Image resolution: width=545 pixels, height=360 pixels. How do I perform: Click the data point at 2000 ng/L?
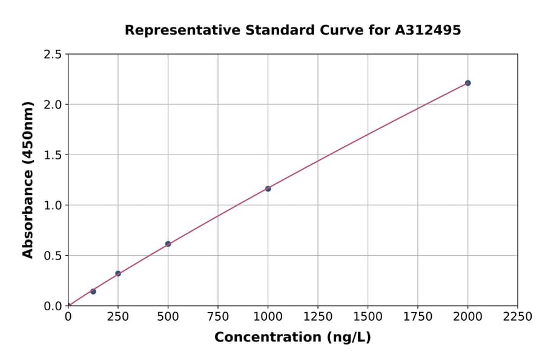tap(467, 83)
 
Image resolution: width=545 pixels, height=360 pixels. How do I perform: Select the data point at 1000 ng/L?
tap(268, 188)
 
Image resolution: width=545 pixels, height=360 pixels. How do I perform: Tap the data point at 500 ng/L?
tap(168, 244)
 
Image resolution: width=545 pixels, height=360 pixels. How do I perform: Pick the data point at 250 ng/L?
tap(118, 273)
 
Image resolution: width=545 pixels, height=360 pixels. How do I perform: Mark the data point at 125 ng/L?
tap(93, 292)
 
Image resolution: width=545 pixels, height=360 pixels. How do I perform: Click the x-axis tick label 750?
tap(217, 316)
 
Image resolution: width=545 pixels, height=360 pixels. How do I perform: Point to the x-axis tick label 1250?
tap(317, 316)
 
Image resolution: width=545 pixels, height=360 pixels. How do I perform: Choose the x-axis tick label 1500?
tap(368, 316)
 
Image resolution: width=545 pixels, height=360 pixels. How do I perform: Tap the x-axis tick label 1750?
tap(417, 316)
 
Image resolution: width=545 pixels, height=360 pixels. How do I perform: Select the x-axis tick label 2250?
tap(517, 316)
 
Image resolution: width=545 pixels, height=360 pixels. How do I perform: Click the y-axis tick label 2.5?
tap(53, 55)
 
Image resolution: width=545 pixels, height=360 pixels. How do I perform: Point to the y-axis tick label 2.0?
tap(53, 105)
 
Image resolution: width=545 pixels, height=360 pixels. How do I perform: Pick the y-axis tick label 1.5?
tap(53, 155)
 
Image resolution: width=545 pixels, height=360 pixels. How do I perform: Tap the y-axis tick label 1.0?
tap(53, 205)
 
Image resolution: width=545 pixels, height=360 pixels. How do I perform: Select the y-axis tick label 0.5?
tap(53, 256)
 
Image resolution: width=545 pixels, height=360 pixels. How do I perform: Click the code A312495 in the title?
tap(429, 30)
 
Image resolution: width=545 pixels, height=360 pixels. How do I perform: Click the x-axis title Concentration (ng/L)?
tap(292, 338)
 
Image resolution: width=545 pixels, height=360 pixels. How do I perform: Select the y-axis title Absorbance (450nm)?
tap(28, 180)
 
